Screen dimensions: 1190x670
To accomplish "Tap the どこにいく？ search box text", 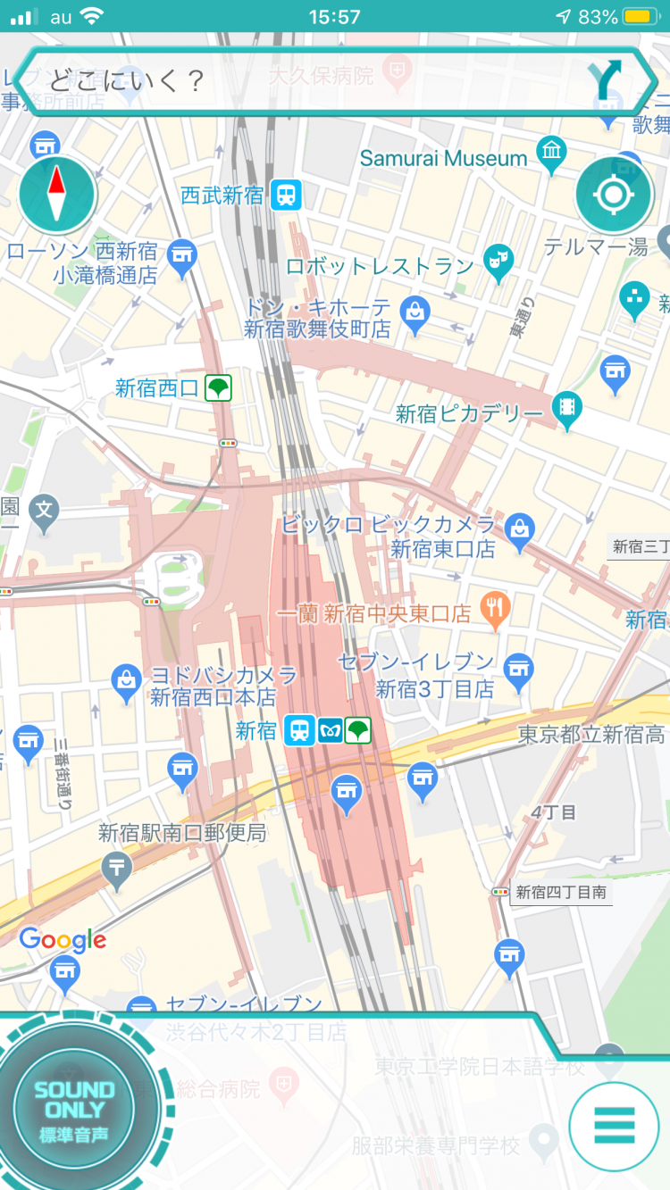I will [127, 81].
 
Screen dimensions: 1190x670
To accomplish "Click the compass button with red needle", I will [57, 194].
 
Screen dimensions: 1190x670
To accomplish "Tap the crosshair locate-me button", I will [615, 195].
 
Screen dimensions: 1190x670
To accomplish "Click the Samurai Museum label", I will [443, 158].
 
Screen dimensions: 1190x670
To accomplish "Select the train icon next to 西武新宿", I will [287, 195].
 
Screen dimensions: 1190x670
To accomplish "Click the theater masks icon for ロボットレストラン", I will [497, 260].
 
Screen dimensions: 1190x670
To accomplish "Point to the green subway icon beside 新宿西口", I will [219, 387].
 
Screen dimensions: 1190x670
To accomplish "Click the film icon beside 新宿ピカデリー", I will [566, 408].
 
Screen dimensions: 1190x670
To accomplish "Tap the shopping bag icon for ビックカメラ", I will [519, 528].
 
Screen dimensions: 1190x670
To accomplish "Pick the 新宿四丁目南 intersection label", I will [561, 892].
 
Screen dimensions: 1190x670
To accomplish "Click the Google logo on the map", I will [63, 939].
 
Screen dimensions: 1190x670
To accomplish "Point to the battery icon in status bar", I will [640, 17].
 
